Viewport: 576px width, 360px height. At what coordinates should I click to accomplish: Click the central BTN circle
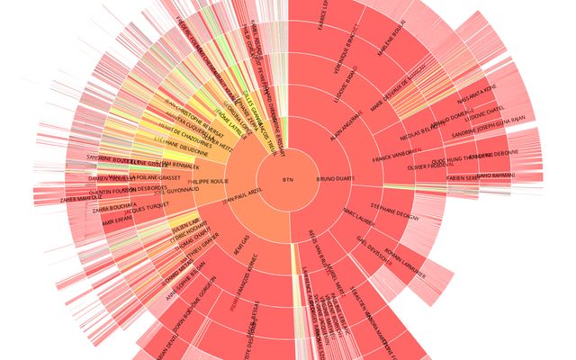click(288, 180)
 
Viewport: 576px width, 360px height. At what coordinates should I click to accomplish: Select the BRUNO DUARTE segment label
click(336, 180)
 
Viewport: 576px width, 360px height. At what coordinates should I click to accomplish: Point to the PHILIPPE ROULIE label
click(209, 180)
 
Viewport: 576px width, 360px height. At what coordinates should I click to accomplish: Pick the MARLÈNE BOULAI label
click(392, 41)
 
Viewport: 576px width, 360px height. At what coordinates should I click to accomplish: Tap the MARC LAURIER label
click(359, 216)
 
